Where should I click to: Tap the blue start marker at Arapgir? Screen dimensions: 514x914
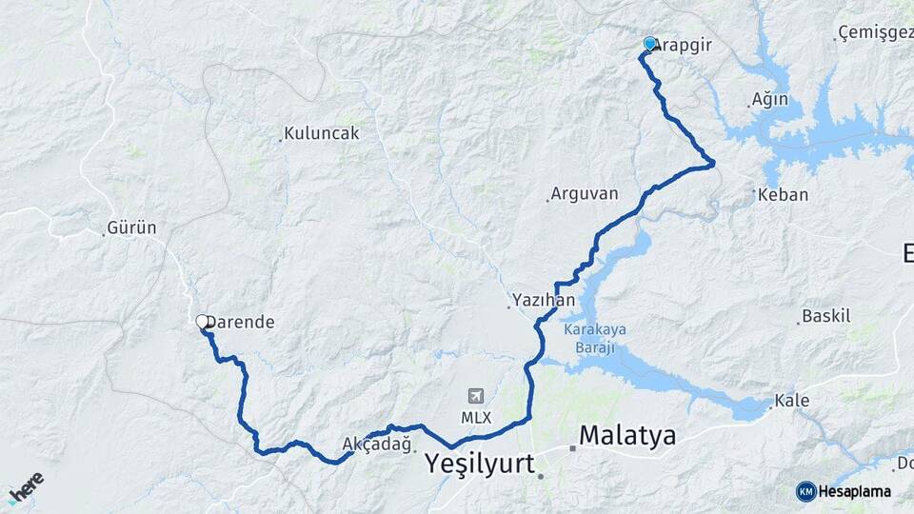click(x=650, y=44)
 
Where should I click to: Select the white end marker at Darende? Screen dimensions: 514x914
click(x=203, y=323)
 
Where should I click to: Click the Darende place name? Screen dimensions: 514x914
click(x=241, y=323)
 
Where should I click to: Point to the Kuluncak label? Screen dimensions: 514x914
click(x=323, y=133)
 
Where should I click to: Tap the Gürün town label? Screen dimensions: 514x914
click(x=132, y=228)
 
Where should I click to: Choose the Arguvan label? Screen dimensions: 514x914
click(x=585, y=194)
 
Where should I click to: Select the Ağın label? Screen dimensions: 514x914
click(x=770, y=99)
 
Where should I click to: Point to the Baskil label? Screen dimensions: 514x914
click(x=826, y=316)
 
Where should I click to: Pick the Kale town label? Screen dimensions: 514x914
click(x=792, y=401)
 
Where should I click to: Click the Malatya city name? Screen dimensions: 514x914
click(x=627, y=436)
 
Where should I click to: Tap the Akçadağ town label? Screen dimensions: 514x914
click(x=377, y=444)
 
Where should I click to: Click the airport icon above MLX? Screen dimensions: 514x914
click(x=475, y=396)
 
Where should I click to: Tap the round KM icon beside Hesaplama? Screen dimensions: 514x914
click(x=806, y=491)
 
